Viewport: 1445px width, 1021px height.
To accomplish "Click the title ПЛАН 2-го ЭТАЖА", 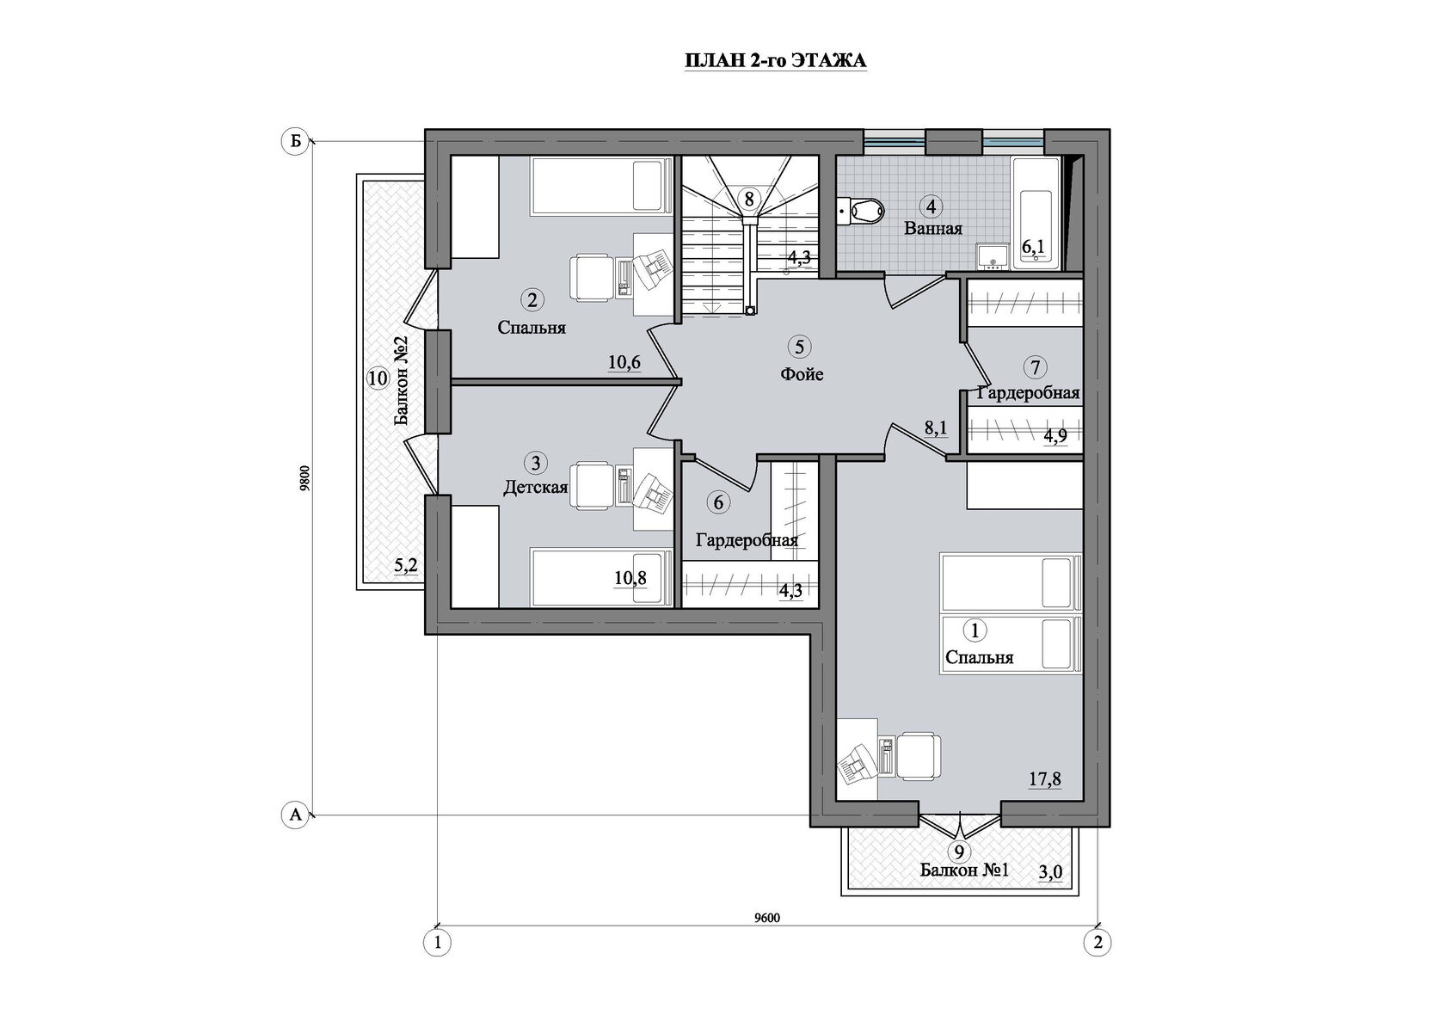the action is tap(775, 62).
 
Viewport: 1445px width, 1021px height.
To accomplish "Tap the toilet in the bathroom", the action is tap(861, 209).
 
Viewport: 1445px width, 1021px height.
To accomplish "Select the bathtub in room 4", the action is tap(1032, 214).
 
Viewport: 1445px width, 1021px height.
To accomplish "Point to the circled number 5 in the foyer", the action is tap(799, 347).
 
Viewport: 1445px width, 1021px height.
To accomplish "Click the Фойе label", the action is tap(802, 374).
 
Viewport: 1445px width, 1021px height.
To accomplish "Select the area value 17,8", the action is tap(1045, 779).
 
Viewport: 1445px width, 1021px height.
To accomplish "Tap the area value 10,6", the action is tap(624, 362).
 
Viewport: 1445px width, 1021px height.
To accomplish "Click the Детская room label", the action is tap(535, 488).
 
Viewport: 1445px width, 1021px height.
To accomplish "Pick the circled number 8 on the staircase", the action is tap(749, 199).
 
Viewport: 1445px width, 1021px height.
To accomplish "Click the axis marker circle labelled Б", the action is tap(295, 142).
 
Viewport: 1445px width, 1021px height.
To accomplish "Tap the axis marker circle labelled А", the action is tap(295, 815).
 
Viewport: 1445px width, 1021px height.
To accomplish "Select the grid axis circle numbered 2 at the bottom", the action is tap(1098, 943).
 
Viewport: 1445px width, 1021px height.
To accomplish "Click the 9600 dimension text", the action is tap(766, 918).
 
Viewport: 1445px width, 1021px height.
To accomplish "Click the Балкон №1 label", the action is tap(963, 870).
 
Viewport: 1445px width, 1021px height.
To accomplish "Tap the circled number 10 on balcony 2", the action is tap(376, 378).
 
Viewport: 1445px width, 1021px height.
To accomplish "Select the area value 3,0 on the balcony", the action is tap(1050, 872).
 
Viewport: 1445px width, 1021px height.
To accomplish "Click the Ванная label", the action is tap(932, 229).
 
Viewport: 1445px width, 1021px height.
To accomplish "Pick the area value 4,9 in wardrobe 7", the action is tap(1055, 436).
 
